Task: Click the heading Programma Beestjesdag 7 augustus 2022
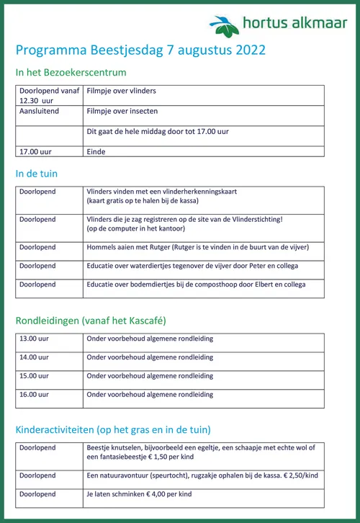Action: [140, 50]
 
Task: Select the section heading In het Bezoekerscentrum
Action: [71, 73]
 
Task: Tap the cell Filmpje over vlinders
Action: [121, 91]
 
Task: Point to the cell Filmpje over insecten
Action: [122, 112]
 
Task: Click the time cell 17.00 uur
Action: [35, 151]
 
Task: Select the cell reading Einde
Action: [96, 151]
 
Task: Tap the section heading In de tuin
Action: [36, 174]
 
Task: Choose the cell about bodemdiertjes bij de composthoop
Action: [196, 285]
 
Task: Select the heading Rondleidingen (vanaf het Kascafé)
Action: [91, 320]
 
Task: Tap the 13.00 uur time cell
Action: [35, 339]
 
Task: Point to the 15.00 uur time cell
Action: [35, 376]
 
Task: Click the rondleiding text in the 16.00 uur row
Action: [150, 395]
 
